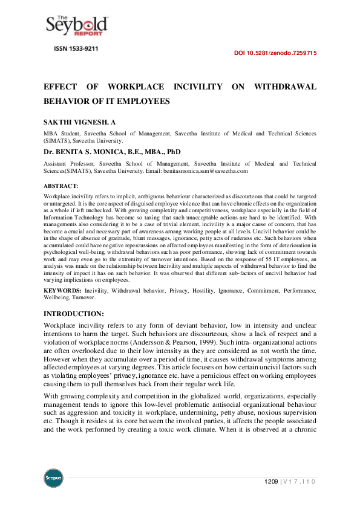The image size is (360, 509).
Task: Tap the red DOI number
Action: (275, 53)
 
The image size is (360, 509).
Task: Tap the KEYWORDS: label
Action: (64, 291)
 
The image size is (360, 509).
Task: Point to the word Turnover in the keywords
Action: (83, 298)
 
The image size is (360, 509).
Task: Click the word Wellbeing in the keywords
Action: (57, 298)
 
